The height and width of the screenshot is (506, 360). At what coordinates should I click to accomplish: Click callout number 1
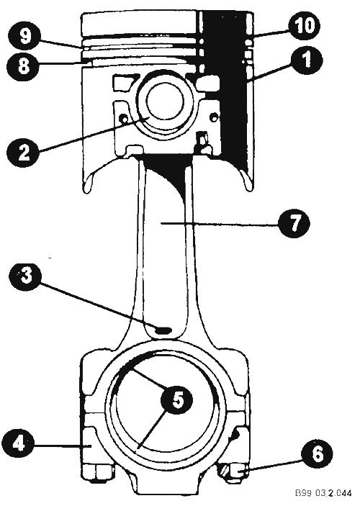pos(306,59)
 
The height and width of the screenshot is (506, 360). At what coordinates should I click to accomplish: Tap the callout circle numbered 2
pos(23,151)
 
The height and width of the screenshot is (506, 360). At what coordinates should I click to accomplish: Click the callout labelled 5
pos(176,400)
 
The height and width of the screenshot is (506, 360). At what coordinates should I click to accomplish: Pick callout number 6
pos(318,453)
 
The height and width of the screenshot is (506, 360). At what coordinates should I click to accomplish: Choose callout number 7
pos(294,223)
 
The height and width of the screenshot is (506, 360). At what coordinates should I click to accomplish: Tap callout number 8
pos(23,66)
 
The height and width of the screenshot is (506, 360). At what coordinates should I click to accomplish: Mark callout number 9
pos(24,36)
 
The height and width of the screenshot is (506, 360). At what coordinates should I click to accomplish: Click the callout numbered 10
pos(304,25)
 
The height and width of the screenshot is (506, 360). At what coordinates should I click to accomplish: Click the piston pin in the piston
pos(165,101)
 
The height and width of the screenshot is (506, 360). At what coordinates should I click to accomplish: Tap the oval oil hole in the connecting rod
pos(163,330)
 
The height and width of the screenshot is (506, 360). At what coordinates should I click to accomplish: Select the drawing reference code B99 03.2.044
pos(323,493)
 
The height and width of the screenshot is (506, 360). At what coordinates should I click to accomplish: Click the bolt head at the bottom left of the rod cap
pos(97,474)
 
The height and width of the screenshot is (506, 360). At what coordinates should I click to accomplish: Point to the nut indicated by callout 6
pos(233,472)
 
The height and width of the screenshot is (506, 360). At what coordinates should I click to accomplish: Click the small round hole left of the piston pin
pos(123,119)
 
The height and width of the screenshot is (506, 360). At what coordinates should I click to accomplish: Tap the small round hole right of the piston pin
pos(213,117)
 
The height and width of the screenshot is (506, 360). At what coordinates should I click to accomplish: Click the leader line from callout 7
pos(220,224)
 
